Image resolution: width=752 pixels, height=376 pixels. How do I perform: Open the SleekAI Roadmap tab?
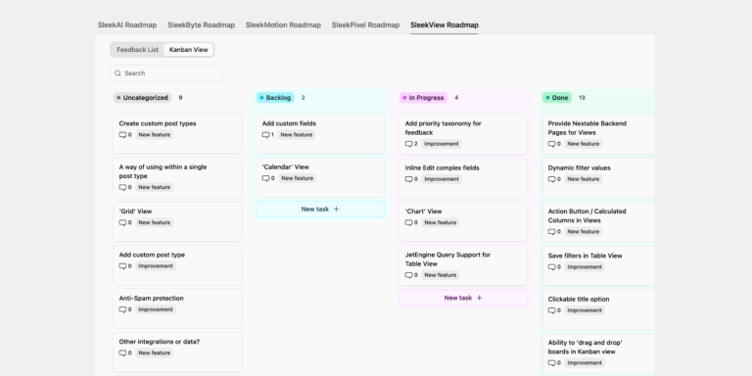pos(127,24)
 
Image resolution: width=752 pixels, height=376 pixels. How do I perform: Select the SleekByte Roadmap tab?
pos(201,24)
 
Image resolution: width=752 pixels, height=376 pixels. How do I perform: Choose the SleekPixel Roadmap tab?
pos(365,24)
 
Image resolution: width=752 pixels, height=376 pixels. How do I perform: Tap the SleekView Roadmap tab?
pos(445,24)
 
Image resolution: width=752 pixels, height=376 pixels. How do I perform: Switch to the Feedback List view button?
pos(137,49)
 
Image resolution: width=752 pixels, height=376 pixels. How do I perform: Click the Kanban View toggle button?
pos(188,49)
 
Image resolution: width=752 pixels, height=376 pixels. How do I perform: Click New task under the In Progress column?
pos(463,298)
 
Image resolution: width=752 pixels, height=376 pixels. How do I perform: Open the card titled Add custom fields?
pos(289,123)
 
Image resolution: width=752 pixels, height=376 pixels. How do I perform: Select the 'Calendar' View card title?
pos(285,166)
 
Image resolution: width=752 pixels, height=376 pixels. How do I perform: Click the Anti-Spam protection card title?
pos(151,298)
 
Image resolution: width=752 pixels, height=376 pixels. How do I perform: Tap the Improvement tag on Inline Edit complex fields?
pos(442,179)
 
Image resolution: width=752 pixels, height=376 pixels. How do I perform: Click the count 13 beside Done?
pos(582,98)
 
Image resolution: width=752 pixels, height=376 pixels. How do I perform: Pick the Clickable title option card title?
pos(578,299)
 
